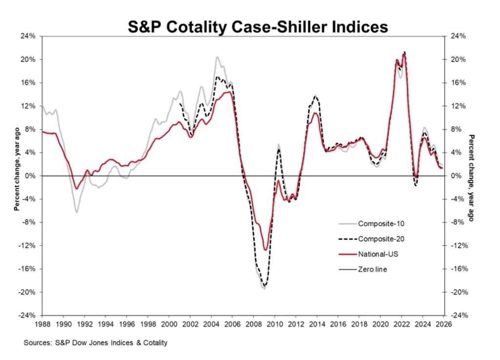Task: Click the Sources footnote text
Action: pos(96,343)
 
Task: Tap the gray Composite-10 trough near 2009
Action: pos(264,289)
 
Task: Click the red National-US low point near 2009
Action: pos(265,250)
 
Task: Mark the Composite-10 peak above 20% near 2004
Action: pos(217,57)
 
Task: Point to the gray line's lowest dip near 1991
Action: pos(77,212)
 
